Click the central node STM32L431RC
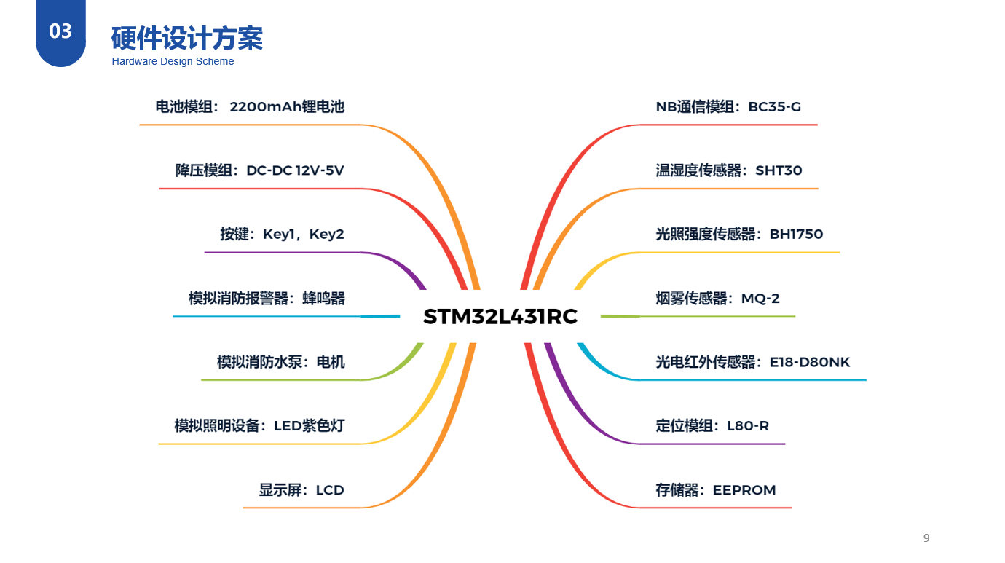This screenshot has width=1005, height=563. [x=500, y=317]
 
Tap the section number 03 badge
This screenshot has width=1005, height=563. [x=60, y=31]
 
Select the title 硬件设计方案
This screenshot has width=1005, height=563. [x=187, y=38]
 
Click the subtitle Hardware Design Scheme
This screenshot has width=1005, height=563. [x=173, y=62]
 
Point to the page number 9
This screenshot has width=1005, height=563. [x=926, y=538]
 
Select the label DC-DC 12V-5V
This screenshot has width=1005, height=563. [x=295, y=170]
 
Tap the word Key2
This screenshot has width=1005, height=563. [x=326, y=235]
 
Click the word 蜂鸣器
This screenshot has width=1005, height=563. [x=323, y=299]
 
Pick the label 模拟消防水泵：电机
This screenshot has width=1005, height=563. [x=280, y=362]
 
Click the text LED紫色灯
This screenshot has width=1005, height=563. [x=309, y=426]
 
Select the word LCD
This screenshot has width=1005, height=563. [x=330, y=490]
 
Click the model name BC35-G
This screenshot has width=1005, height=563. [x=774, y=107]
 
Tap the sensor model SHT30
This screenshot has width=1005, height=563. [x=779, y=170]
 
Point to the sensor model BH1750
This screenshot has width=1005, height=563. [x=796, y=235]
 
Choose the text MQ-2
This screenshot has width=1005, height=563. [x=760, y=299]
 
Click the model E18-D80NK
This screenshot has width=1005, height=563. [x=810, y=362]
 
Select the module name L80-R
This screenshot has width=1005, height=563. [x=748, y=426]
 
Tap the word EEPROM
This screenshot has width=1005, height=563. [x=744, y=490]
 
